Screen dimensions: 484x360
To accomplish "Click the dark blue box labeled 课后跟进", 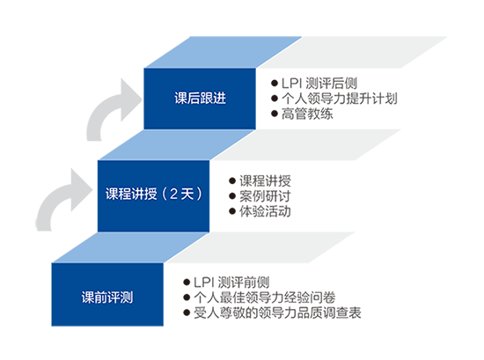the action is tap(200, 99).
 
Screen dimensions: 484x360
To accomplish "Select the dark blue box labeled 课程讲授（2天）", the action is tap(153, 195).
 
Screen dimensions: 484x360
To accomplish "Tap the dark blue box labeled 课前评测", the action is tap(107, 294).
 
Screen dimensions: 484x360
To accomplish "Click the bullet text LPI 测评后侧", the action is tap(319, 84).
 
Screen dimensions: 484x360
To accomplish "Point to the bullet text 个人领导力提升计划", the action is tap(339, 99).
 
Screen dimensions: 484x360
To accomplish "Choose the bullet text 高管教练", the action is tap(307, 114).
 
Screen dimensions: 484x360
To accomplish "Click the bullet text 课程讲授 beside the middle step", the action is tap(265, 181).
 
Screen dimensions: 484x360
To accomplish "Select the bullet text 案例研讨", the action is tap(265, 196).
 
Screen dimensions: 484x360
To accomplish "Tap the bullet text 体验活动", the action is tap(265, 211).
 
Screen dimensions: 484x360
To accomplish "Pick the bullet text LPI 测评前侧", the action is tap(231, 283).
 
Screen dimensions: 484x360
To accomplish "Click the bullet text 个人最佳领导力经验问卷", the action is tap(265, 298).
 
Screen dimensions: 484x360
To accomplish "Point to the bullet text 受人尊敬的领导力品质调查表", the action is tap(277, 312).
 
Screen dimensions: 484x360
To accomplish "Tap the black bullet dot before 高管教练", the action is tap(275, 114).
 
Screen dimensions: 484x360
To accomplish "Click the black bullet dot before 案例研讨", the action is tap(232, 196).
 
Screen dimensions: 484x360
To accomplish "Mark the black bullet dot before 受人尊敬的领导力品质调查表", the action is tap(187, 312).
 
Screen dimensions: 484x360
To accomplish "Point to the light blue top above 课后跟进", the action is tap(223, 52).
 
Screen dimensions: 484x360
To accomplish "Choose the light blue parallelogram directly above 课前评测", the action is tap(130, 247).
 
